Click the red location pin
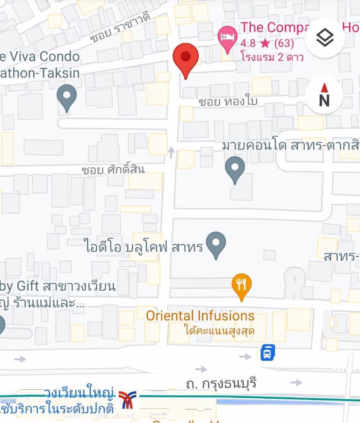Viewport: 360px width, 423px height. [186, 58]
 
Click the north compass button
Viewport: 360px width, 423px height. [324, 95]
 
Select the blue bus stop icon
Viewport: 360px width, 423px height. [267, 352]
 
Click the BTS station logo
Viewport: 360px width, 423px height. [126, 400]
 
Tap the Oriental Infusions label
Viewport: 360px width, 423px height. [200, 315]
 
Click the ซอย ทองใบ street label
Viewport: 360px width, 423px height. [228, 101]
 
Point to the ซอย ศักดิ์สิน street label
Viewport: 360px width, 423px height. [113, 169]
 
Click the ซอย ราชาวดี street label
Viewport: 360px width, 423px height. [120, 29]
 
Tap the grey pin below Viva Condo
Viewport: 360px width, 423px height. [66, 97]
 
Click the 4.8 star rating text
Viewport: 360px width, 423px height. [267, 44]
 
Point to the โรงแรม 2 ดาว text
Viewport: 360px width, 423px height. [272, 57]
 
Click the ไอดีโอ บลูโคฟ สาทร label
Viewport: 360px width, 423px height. [144, 246]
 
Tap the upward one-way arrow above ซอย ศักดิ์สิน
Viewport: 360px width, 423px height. [171, 152]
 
